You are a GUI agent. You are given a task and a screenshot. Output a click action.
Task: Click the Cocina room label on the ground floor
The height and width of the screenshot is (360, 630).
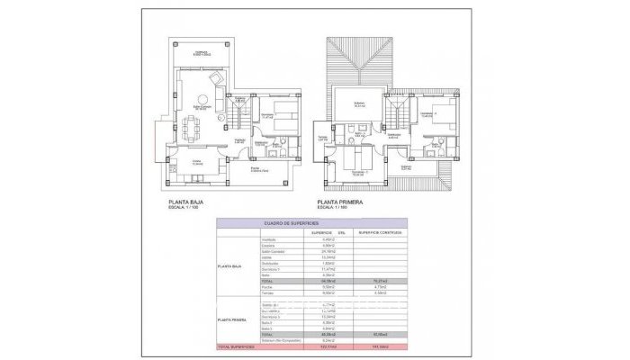(x=197, y=162)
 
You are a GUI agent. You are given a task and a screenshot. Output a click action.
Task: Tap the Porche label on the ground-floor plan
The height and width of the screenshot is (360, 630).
(x=258, y=169)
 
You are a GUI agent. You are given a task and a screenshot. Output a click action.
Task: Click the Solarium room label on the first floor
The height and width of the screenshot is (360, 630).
(x=358, y=103)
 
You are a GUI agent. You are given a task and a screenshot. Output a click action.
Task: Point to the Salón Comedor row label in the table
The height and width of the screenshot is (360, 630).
(x=274, y=251)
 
